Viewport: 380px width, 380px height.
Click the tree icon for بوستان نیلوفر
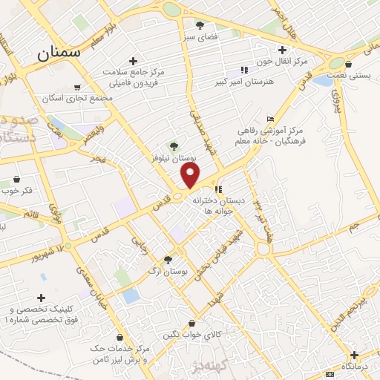click(174, 146)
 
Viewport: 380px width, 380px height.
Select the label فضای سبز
click(201, 36)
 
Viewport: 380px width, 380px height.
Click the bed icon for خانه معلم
click(270, 119)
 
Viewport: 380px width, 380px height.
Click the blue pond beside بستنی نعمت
click(324, 79)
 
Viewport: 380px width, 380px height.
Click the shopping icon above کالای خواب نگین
click(192, 324)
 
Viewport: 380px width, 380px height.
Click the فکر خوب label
click(37, 191)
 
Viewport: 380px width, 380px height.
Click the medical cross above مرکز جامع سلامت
click(133, 61)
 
